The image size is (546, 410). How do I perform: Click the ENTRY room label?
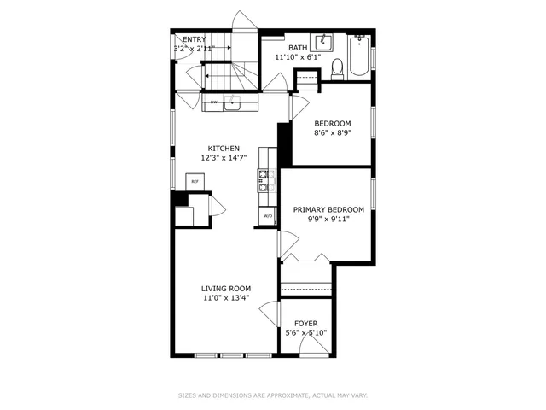click(x=194, y=39)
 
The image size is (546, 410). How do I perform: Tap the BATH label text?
click(x=298, y=48)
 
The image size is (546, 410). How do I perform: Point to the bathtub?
click(x=359, y=56)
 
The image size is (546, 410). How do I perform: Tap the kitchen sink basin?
click(x=241, y=102)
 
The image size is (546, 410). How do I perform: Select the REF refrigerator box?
click(x=195, y=181)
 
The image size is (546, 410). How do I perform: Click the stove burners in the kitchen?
click(x=264, y=181)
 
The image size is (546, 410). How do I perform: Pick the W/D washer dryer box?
click(x=267, y=216)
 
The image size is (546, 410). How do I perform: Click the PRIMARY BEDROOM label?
click(x=328, y=209)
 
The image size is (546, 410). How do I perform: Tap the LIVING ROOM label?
click(x=226, y=289)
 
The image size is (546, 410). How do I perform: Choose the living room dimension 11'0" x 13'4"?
click(x=226, y=298)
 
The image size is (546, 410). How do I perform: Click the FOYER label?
click(x=305, y=323)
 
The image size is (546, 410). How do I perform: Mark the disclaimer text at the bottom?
click(x=273, y=395)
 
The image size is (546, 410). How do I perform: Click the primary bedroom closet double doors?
click(x=305, y=257)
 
